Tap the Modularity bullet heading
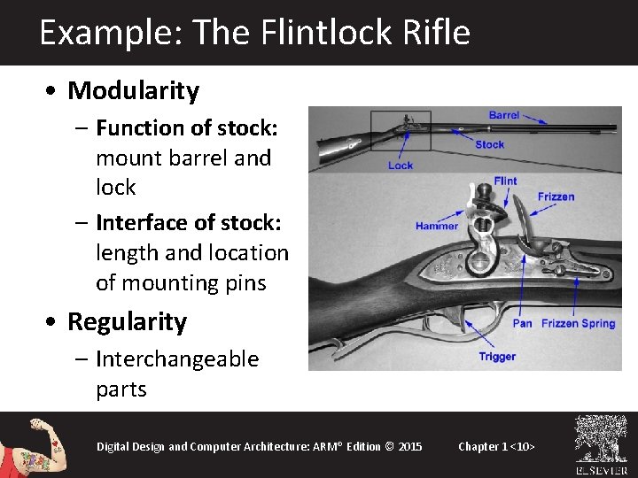[134, 90]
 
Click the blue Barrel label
[504, 115]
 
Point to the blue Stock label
[489, 144]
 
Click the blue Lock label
[401, 166]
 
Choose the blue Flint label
[505, 181]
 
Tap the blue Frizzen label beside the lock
[556, 197]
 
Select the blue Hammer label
[437, 226]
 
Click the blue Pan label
[523, 323]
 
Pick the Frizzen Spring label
[579, 323]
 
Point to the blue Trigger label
[497, 357]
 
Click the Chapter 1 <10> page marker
[496, 446]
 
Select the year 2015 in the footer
[410, 446]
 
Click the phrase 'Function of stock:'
[187, 128]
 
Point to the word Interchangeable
[177, 359]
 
